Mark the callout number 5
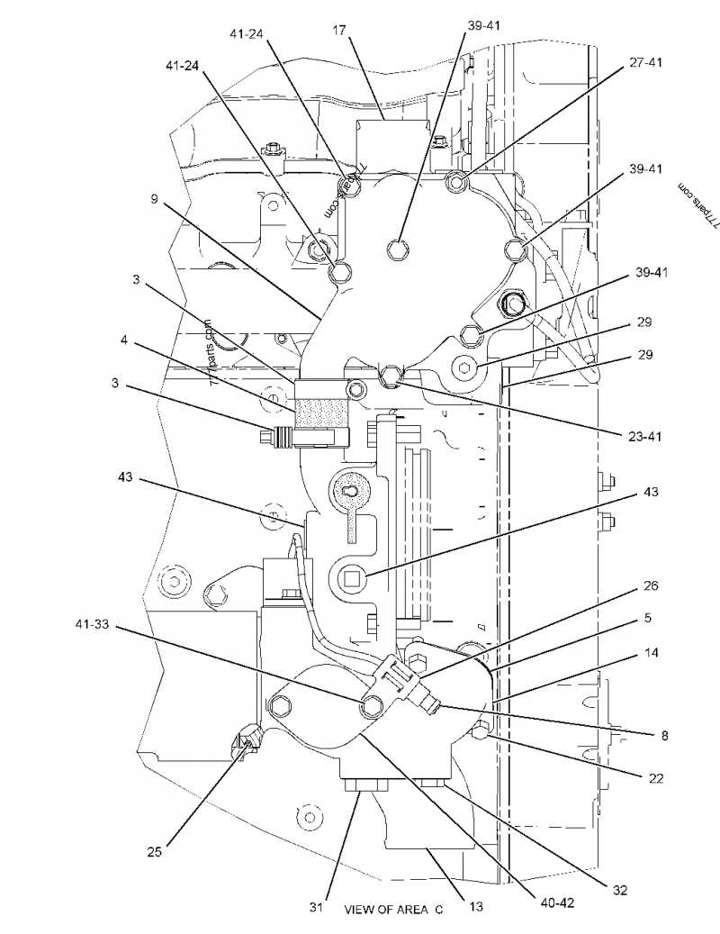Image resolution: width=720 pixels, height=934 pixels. [x=648, y=619]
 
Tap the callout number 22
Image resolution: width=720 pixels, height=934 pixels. [x=656, y=777]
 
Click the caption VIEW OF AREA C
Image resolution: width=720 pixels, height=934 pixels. [x=394, y=910]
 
